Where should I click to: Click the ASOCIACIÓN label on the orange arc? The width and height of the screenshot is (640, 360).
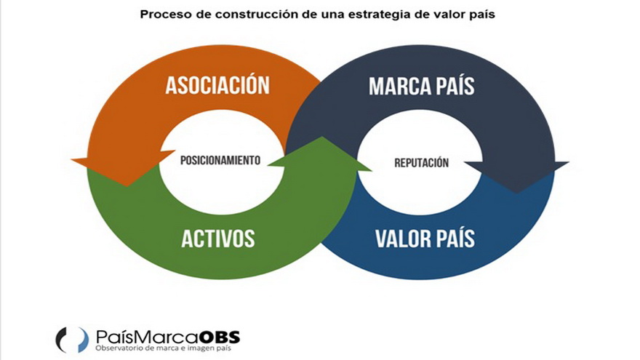click(x=217, y=85)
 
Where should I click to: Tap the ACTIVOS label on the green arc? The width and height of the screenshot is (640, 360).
click(x=219, y=238)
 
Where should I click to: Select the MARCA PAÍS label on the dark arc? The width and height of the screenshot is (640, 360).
click(x=421, y=87)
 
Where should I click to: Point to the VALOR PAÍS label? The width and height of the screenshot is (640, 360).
click(x=425, y=239)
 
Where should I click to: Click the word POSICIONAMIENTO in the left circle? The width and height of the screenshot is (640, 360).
click(x=220, y=161)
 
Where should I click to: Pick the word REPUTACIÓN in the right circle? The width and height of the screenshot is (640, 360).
click(x=421, y=163)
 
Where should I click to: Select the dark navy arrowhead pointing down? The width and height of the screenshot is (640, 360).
click(x=517, y=175)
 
